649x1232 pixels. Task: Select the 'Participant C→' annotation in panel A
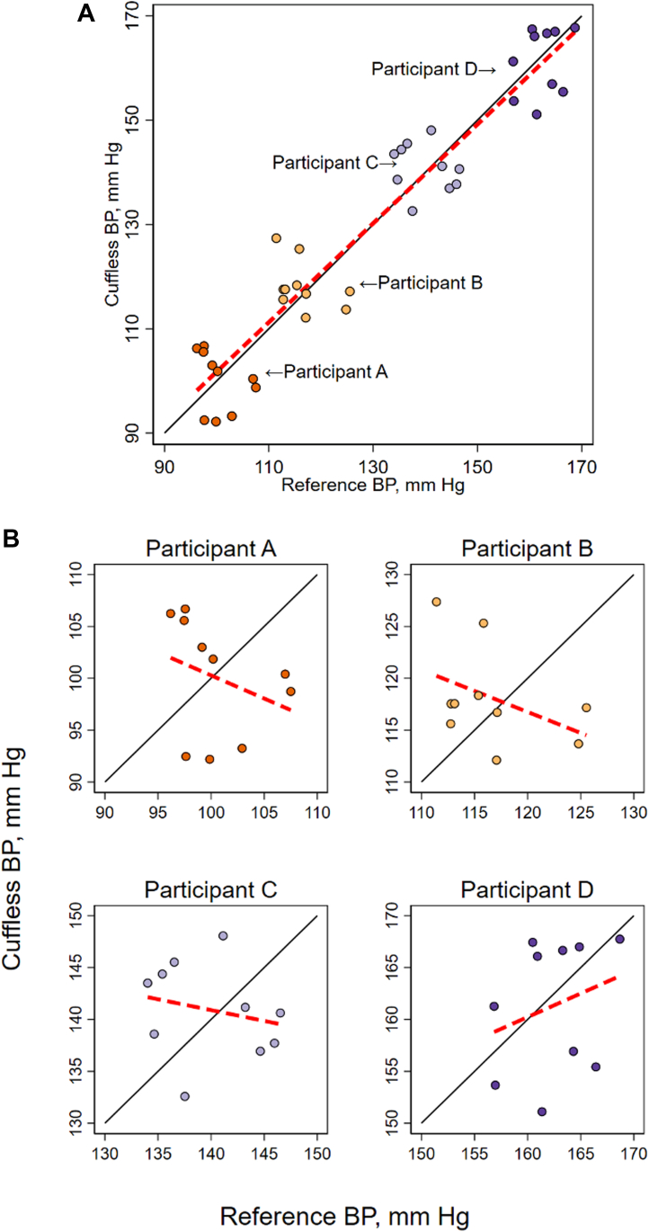coord(335,164)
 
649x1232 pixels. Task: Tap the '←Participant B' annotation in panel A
coord(421,283)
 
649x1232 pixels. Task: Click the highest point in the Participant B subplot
coord(436,602)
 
